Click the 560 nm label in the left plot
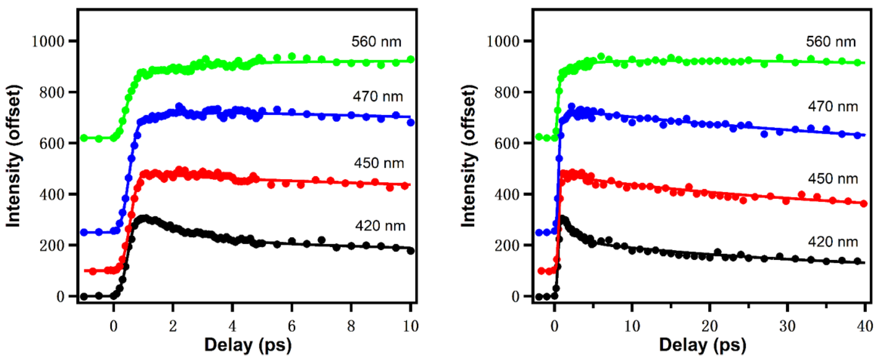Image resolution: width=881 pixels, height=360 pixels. pyautogui.click(x=376, y=42)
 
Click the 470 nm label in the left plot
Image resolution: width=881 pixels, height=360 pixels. pyautogui.click(x=378, y=97)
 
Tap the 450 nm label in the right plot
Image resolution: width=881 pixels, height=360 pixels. pyautogui.click(x=833, y=179)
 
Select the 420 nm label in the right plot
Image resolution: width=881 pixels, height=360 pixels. pyautogui.click(x=833, y=242)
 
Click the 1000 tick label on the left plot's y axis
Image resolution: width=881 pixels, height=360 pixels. pyautogui.click(x=48, y=41)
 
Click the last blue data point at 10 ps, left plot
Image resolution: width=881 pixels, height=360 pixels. pyautogui.click(x=411, y=122)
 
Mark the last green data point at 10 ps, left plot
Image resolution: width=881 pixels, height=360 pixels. pyautogui.click(x=411, y=60)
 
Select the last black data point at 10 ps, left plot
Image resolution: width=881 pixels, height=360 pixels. pyautogui.click(x=411, y=251)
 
